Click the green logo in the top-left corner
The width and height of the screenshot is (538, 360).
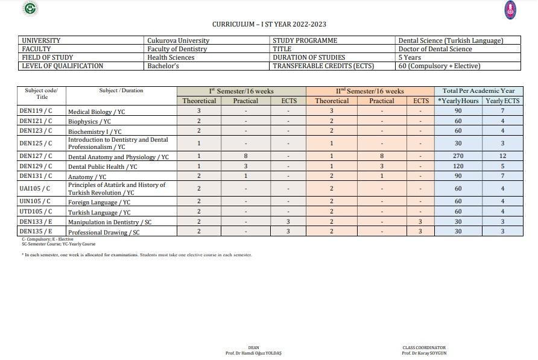tap(30, 8)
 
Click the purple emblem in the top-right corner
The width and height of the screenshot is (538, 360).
tap(510, 9)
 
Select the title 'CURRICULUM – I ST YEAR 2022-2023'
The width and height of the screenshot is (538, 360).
tap(269, 24)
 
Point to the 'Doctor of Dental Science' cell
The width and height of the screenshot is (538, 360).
tap(435, 49)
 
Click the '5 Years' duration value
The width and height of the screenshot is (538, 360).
tap(410, 57)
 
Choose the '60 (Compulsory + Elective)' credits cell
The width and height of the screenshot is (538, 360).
tap(439, 66)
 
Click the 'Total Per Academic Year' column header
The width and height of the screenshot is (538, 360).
tap(478, 91)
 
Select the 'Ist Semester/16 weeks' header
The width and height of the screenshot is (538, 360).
tap(241, 91)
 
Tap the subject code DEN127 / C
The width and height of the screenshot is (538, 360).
tap(36, 156)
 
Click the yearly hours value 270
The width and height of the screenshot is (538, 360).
tap(458, 156)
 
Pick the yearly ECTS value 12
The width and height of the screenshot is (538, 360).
tap(502, 156)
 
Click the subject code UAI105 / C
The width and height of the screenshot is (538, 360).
tap(34, 189)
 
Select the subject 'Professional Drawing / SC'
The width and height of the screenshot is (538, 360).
tap(104, 232)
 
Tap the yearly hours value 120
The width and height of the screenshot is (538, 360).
tap(458, 166)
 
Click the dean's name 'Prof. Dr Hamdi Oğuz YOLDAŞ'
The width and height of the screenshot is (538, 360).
tap(253, 353)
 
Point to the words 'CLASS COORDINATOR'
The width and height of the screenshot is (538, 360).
tap(424, 348)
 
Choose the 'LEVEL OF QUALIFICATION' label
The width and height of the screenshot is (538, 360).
tap(62, 66)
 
